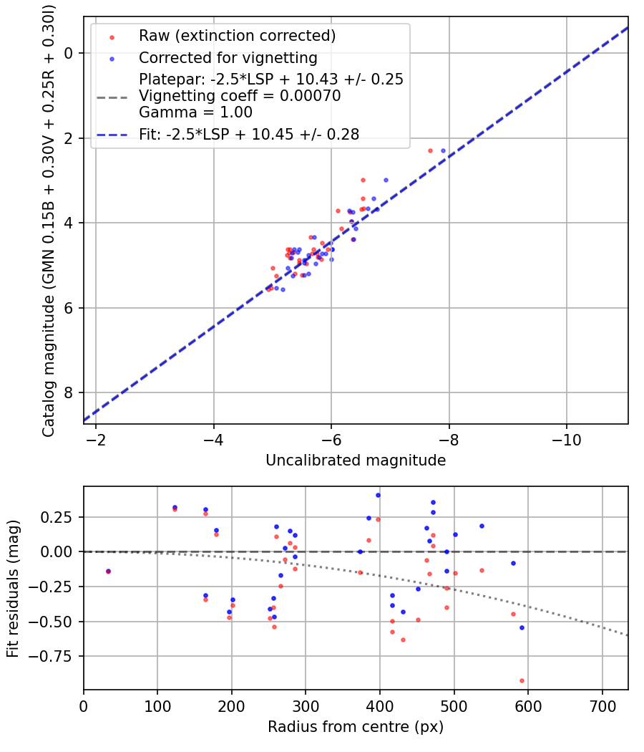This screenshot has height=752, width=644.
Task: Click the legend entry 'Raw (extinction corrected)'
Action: point(237,36)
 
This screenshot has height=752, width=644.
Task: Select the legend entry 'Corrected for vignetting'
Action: point(228,58)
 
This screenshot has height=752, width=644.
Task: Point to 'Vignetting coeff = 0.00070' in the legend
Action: point(240,96)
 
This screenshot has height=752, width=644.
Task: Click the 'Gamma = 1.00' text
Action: point(195,112)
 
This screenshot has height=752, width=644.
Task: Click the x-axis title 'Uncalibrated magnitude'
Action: point(356,461)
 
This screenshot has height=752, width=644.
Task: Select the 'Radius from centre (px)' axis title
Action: point(356,727)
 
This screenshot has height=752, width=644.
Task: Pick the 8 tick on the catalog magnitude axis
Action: point(70,393)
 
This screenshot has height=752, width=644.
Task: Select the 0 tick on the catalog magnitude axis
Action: point(70,53)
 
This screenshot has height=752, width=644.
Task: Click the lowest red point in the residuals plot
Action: point(522,680)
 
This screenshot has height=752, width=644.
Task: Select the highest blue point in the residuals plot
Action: point(379,495)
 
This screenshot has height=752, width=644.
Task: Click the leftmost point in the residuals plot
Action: point(108,572)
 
